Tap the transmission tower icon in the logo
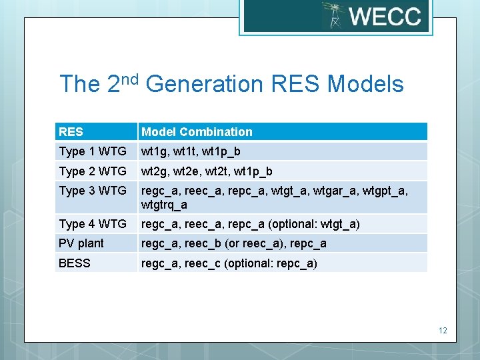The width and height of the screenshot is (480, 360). click(332, 15)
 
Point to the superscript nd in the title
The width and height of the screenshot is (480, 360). click(130, 79)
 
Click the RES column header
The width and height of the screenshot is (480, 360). click(71, 132)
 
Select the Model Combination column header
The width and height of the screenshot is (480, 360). click(197, 132)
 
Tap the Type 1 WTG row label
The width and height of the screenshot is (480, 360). click(93, 151)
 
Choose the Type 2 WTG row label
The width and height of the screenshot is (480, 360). click(93, 171)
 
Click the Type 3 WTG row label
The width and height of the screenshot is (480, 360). click(93, 191)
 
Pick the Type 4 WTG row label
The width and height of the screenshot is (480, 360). click(93, 224)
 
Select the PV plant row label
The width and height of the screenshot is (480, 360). click(81, 243)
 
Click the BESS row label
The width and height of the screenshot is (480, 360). click(75, 263)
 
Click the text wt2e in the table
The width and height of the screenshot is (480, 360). click(189, 171)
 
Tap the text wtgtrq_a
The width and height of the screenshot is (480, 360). click(164, 205)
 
